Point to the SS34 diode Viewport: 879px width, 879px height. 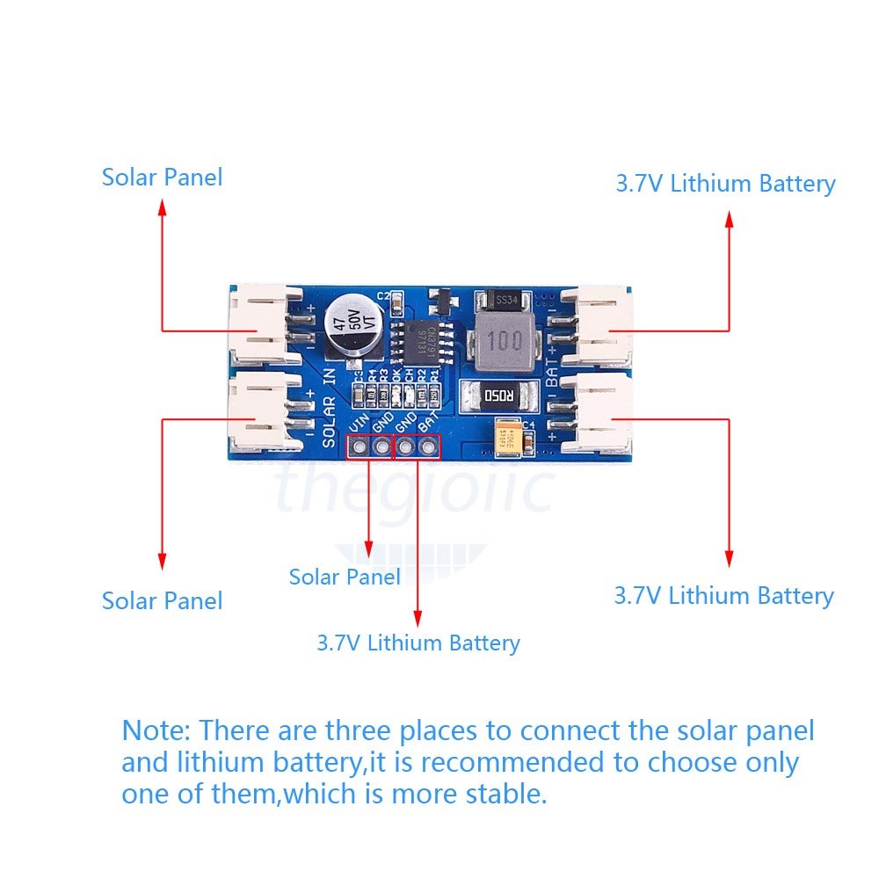pyautogui.click(x=504, y=301)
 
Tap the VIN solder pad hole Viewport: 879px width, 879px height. pyautogui.click(x=359, y=448)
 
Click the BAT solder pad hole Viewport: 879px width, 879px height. pyautogui.click(x=429, y=448)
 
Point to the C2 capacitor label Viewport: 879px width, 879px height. pyautogui.click(x=383, y=295)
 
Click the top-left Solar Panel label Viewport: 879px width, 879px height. pyautogui.click(x=162, y=177)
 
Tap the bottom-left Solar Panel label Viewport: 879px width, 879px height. pyautogui.click(x=162, y=601)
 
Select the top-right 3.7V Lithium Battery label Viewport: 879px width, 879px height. pyautogui.click(x=725, y=184)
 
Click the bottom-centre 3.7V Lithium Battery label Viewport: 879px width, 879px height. pyautogui.click(x=418, y=643)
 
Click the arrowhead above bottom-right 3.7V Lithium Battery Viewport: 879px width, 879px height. pyautogui.click(x=729, y=557)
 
